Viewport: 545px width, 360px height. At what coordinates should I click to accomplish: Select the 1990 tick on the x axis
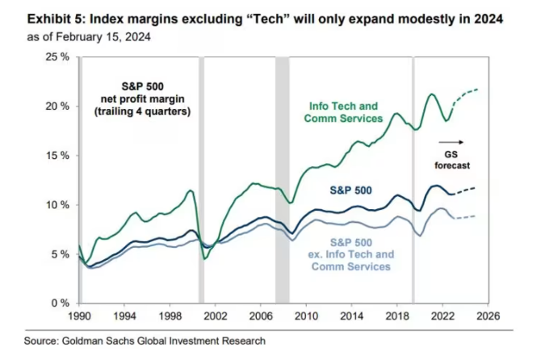80,316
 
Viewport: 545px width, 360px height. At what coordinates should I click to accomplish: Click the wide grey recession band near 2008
282,178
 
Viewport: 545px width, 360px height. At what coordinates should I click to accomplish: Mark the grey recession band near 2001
202,178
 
